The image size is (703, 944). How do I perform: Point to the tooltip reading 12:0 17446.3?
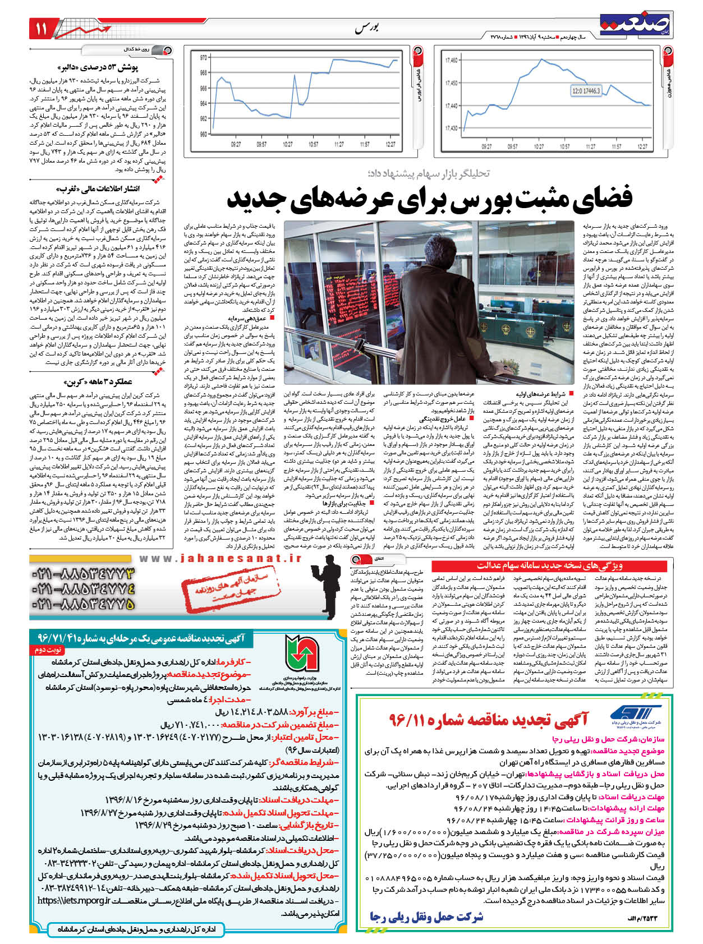click(x=586, y=91)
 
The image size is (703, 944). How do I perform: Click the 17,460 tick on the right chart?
click(x=451, y=61)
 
